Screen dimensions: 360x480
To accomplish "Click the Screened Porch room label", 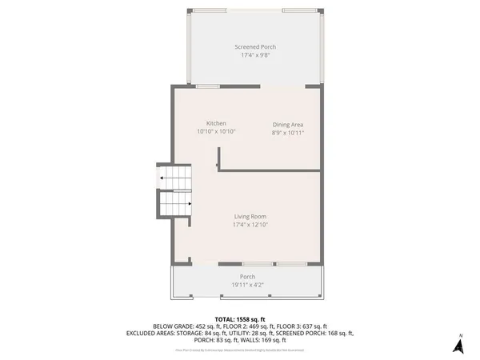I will pos(254,47).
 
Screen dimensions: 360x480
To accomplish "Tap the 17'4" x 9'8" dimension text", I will pos(254,56).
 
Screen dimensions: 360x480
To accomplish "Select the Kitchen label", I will pos(216,122).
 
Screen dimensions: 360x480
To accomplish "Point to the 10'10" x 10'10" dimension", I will pos(216,131).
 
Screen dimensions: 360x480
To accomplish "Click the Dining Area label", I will pos(288,125).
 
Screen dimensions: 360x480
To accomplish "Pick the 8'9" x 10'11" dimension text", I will pos(288,134).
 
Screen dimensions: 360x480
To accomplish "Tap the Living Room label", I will pos(250,217).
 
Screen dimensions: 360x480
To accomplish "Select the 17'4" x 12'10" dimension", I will pos(250,226).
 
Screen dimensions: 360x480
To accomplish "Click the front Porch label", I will pos(247,277).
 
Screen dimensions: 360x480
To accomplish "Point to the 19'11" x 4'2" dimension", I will pos(247,285).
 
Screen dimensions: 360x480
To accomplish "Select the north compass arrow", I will pos(458,345).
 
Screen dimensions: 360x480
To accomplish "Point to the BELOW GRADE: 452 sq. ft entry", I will pos(183,326).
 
